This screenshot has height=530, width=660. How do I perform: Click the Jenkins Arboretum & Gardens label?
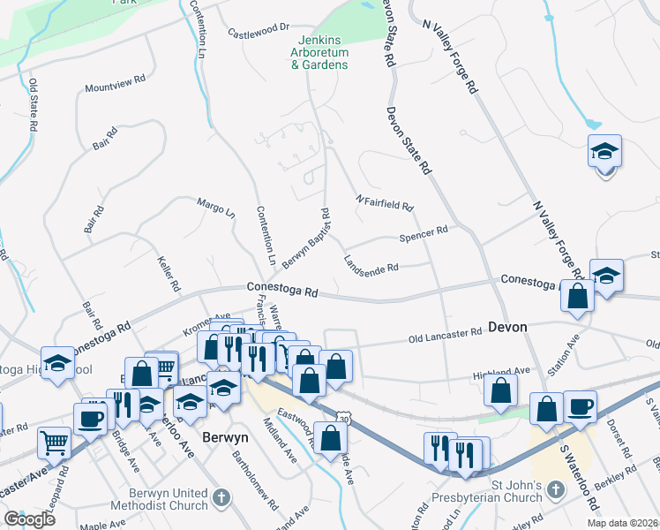[319, 52]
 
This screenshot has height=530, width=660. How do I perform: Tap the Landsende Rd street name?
[371, 262]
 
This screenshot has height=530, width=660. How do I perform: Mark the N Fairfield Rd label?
[384, 202]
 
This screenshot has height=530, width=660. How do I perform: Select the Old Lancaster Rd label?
[445, 333]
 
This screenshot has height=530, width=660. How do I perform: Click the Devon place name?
[507, 327]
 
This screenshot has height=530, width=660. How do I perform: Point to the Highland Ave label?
[500, 371]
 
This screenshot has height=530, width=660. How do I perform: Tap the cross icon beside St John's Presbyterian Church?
[555, 488]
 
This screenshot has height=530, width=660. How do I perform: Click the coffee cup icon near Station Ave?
[580, 407]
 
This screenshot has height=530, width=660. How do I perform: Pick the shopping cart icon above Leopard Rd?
[55, 442]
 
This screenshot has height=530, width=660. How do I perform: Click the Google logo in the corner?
[29, 519]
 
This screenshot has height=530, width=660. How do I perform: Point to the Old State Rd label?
[33, 106]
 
